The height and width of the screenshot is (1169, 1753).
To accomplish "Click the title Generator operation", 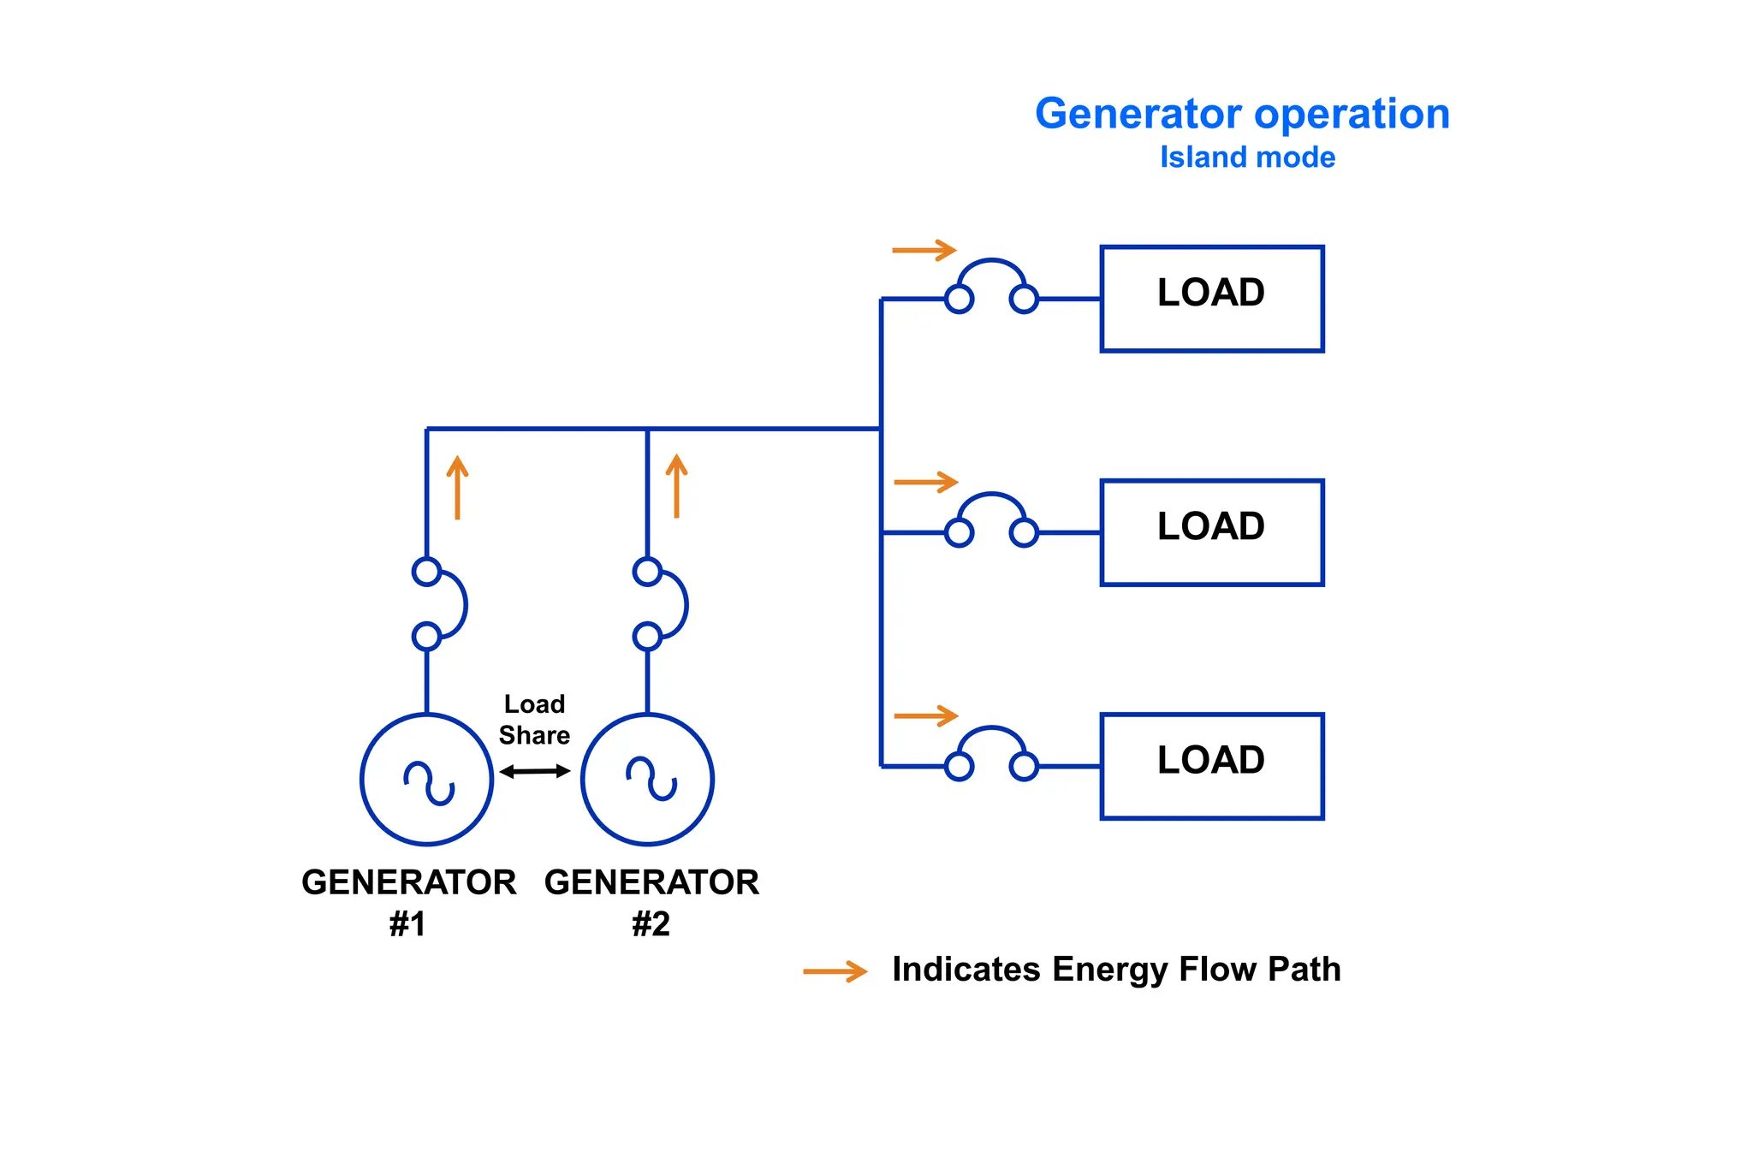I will pos(1242,114).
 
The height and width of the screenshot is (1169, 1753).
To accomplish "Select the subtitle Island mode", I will pos(1247,157).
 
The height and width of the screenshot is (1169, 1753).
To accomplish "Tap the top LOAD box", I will pos(1211,299).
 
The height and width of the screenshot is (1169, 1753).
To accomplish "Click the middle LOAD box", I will pos(1211,532).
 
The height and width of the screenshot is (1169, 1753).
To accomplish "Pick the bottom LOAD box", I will pos(1211,766).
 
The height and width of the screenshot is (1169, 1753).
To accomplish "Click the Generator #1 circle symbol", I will pos(427,780).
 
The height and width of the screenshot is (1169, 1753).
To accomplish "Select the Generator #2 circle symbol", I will pos(647,780).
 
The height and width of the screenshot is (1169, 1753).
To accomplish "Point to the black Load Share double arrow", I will pos(535,771).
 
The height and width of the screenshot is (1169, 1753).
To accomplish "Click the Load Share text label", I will pos(534,720).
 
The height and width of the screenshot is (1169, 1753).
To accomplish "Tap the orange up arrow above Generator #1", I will pos(458,488).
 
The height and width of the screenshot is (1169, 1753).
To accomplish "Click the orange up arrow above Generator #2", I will pos(676,486).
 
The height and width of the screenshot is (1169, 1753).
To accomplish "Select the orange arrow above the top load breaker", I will pos(924,250).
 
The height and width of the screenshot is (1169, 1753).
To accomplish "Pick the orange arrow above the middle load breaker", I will pos(925,482).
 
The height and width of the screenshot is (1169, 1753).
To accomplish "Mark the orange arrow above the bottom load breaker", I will pos(925,715).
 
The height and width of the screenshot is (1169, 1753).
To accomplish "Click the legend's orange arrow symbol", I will pos(835,971).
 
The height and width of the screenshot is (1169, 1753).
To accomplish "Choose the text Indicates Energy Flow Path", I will pos(1116,970).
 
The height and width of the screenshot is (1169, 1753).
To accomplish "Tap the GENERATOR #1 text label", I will pos(408,902).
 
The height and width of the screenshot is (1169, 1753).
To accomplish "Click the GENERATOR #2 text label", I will pos(651,902).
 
